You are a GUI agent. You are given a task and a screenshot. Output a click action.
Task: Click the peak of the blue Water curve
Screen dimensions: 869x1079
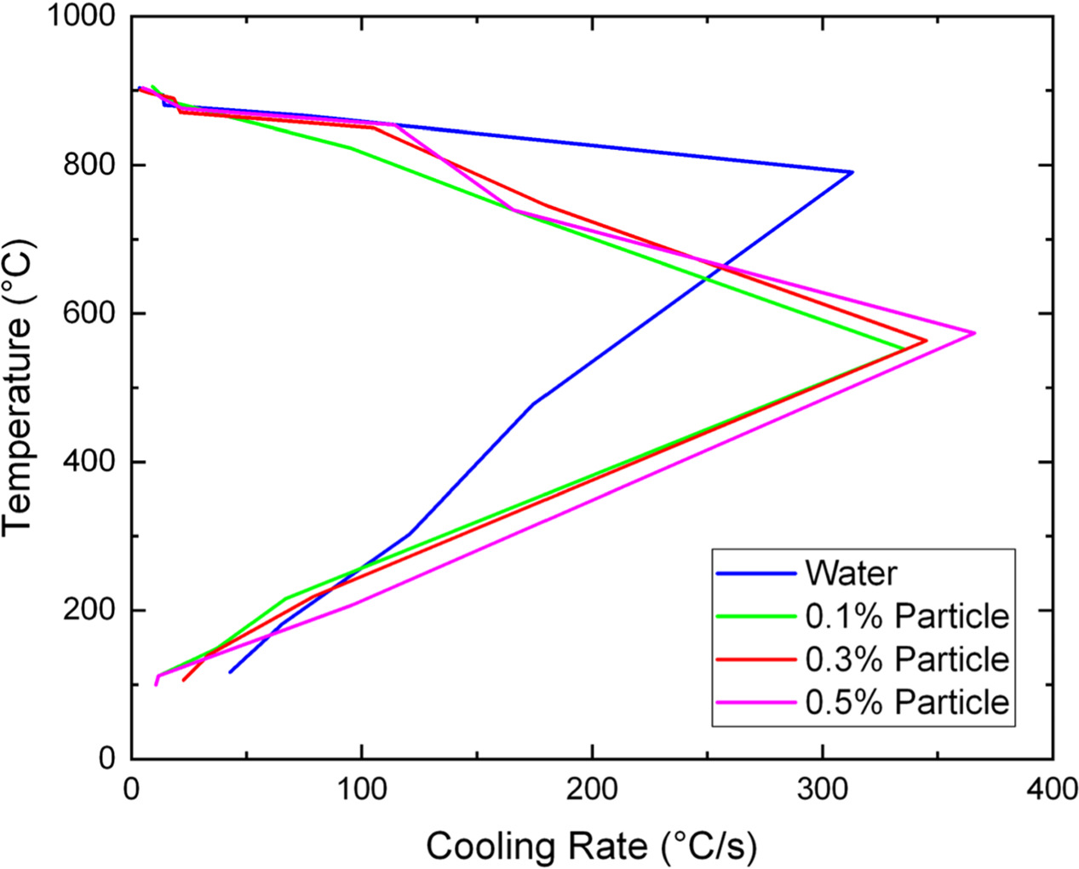pyautogui.click(x=852, y=172)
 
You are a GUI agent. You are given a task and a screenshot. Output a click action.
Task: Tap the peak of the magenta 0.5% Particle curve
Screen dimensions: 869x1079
pyautogui.click(x=974, y=333)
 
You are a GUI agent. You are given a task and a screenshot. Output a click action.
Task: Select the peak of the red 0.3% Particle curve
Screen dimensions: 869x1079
pyautogui.click(x=927, y=341)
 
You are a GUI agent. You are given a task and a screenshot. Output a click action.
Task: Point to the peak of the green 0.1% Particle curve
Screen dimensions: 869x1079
pyautogui.click(x=904, y=348)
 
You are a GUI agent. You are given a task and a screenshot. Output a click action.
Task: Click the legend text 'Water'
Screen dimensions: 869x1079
pyautogui.click(x=851, y=573)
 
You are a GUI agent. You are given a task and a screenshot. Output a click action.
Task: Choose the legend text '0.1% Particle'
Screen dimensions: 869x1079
pyautogui.click(x=907, y=616)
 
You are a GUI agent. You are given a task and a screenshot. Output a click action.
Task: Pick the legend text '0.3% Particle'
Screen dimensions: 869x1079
pyautogui.click(x=907, y=659)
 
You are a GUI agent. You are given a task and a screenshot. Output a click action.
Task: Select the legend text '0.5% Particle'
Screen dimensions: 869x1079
pyautogui.click(x=907, y=702)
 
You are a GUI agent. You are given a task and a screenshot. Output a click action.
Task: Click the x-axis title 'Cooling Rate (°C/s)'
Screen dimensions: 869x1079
pyautogui.click(x=591, y=847)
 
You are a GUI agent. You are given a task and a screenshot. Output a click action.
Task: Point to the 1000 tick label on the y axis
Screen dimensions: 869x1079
pyautogui.click(x=82, y=16)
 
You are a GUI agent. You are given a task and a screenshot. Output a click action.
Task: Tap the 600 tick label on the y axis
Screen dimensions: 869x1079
pyautogui.click(x=91, y=314)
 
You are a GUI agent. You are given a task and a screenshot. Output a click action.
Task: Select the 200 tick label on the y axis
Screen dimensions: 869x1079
pyautogui.click(x=91, y=610)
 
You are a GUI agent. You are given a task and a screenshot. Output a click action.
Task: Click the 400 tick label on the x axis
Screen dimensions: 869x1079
pyautogui.click(x=1053, y=790)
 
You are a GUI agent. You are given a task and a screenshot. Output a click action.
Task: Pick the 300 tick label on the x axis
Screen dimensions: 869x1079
pyautogui.click(x=823, y=790)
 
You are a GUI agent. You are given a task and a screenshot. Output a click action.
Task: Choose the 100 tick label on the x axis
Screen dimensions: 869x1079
pyautogui.click(x=362, y=790)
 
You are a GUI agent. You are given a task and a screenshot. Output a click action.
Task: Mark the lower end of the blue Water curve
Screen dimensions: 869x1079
pyautogui.click(x=230, y=672)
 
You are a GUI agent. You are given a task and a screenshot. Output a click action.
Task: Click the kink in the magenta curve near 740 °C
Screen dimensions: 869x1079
pyautogui.click(x=513, y=210)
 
